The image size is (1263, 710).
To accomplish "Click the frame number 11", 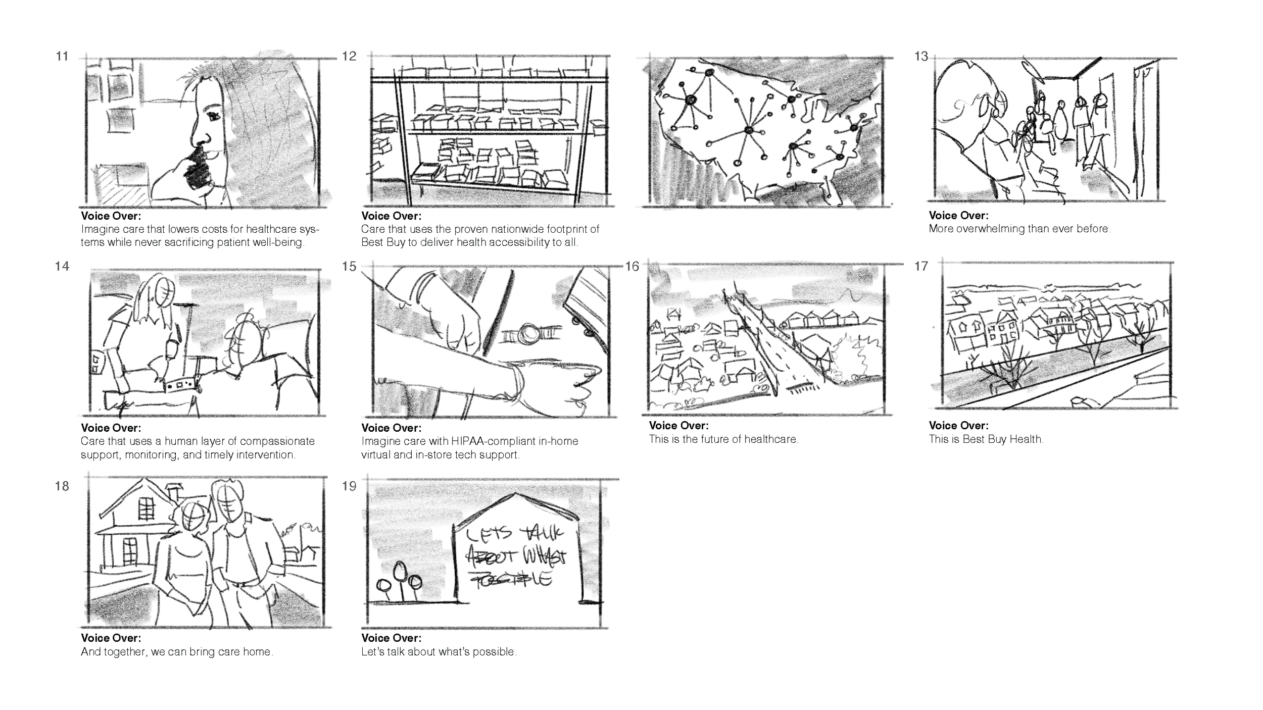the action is coord(62,56).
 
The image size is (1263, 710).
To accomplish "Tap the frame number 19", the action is coord(349,486).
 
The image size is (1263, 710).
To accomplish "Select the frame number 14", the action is coord(62,266).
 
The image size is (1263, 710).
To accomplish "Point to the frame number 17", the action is coord(921,266).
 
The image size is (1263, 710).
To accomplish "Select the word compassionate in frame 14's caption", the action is coord(277,441).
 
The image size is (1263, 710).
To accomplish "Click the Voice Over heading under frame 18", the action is coord(111,638).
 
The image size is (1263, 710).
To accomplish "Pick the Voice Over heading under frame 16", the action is coord(679,426).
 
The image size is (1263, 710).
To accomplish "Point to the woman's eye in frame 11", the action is coord(214,116).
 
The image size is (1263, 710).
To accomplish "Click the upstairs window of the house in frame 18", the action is coord(146,509).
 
